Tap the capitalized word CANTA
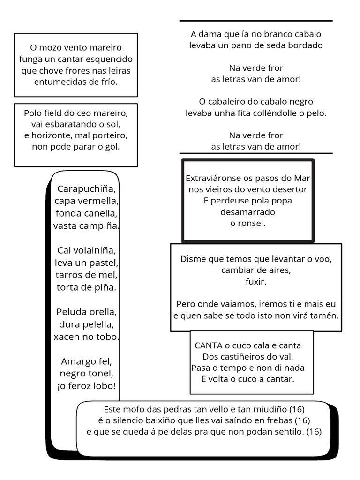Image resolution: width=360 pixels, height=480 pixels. (208, 346)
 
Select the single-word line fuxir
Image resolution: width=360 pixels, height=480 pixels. (256, 282)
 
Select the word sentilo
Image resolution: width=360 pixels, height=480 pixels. (284, 432)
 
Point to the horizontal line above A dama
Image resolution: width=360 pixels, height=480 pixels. (256, 21)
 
